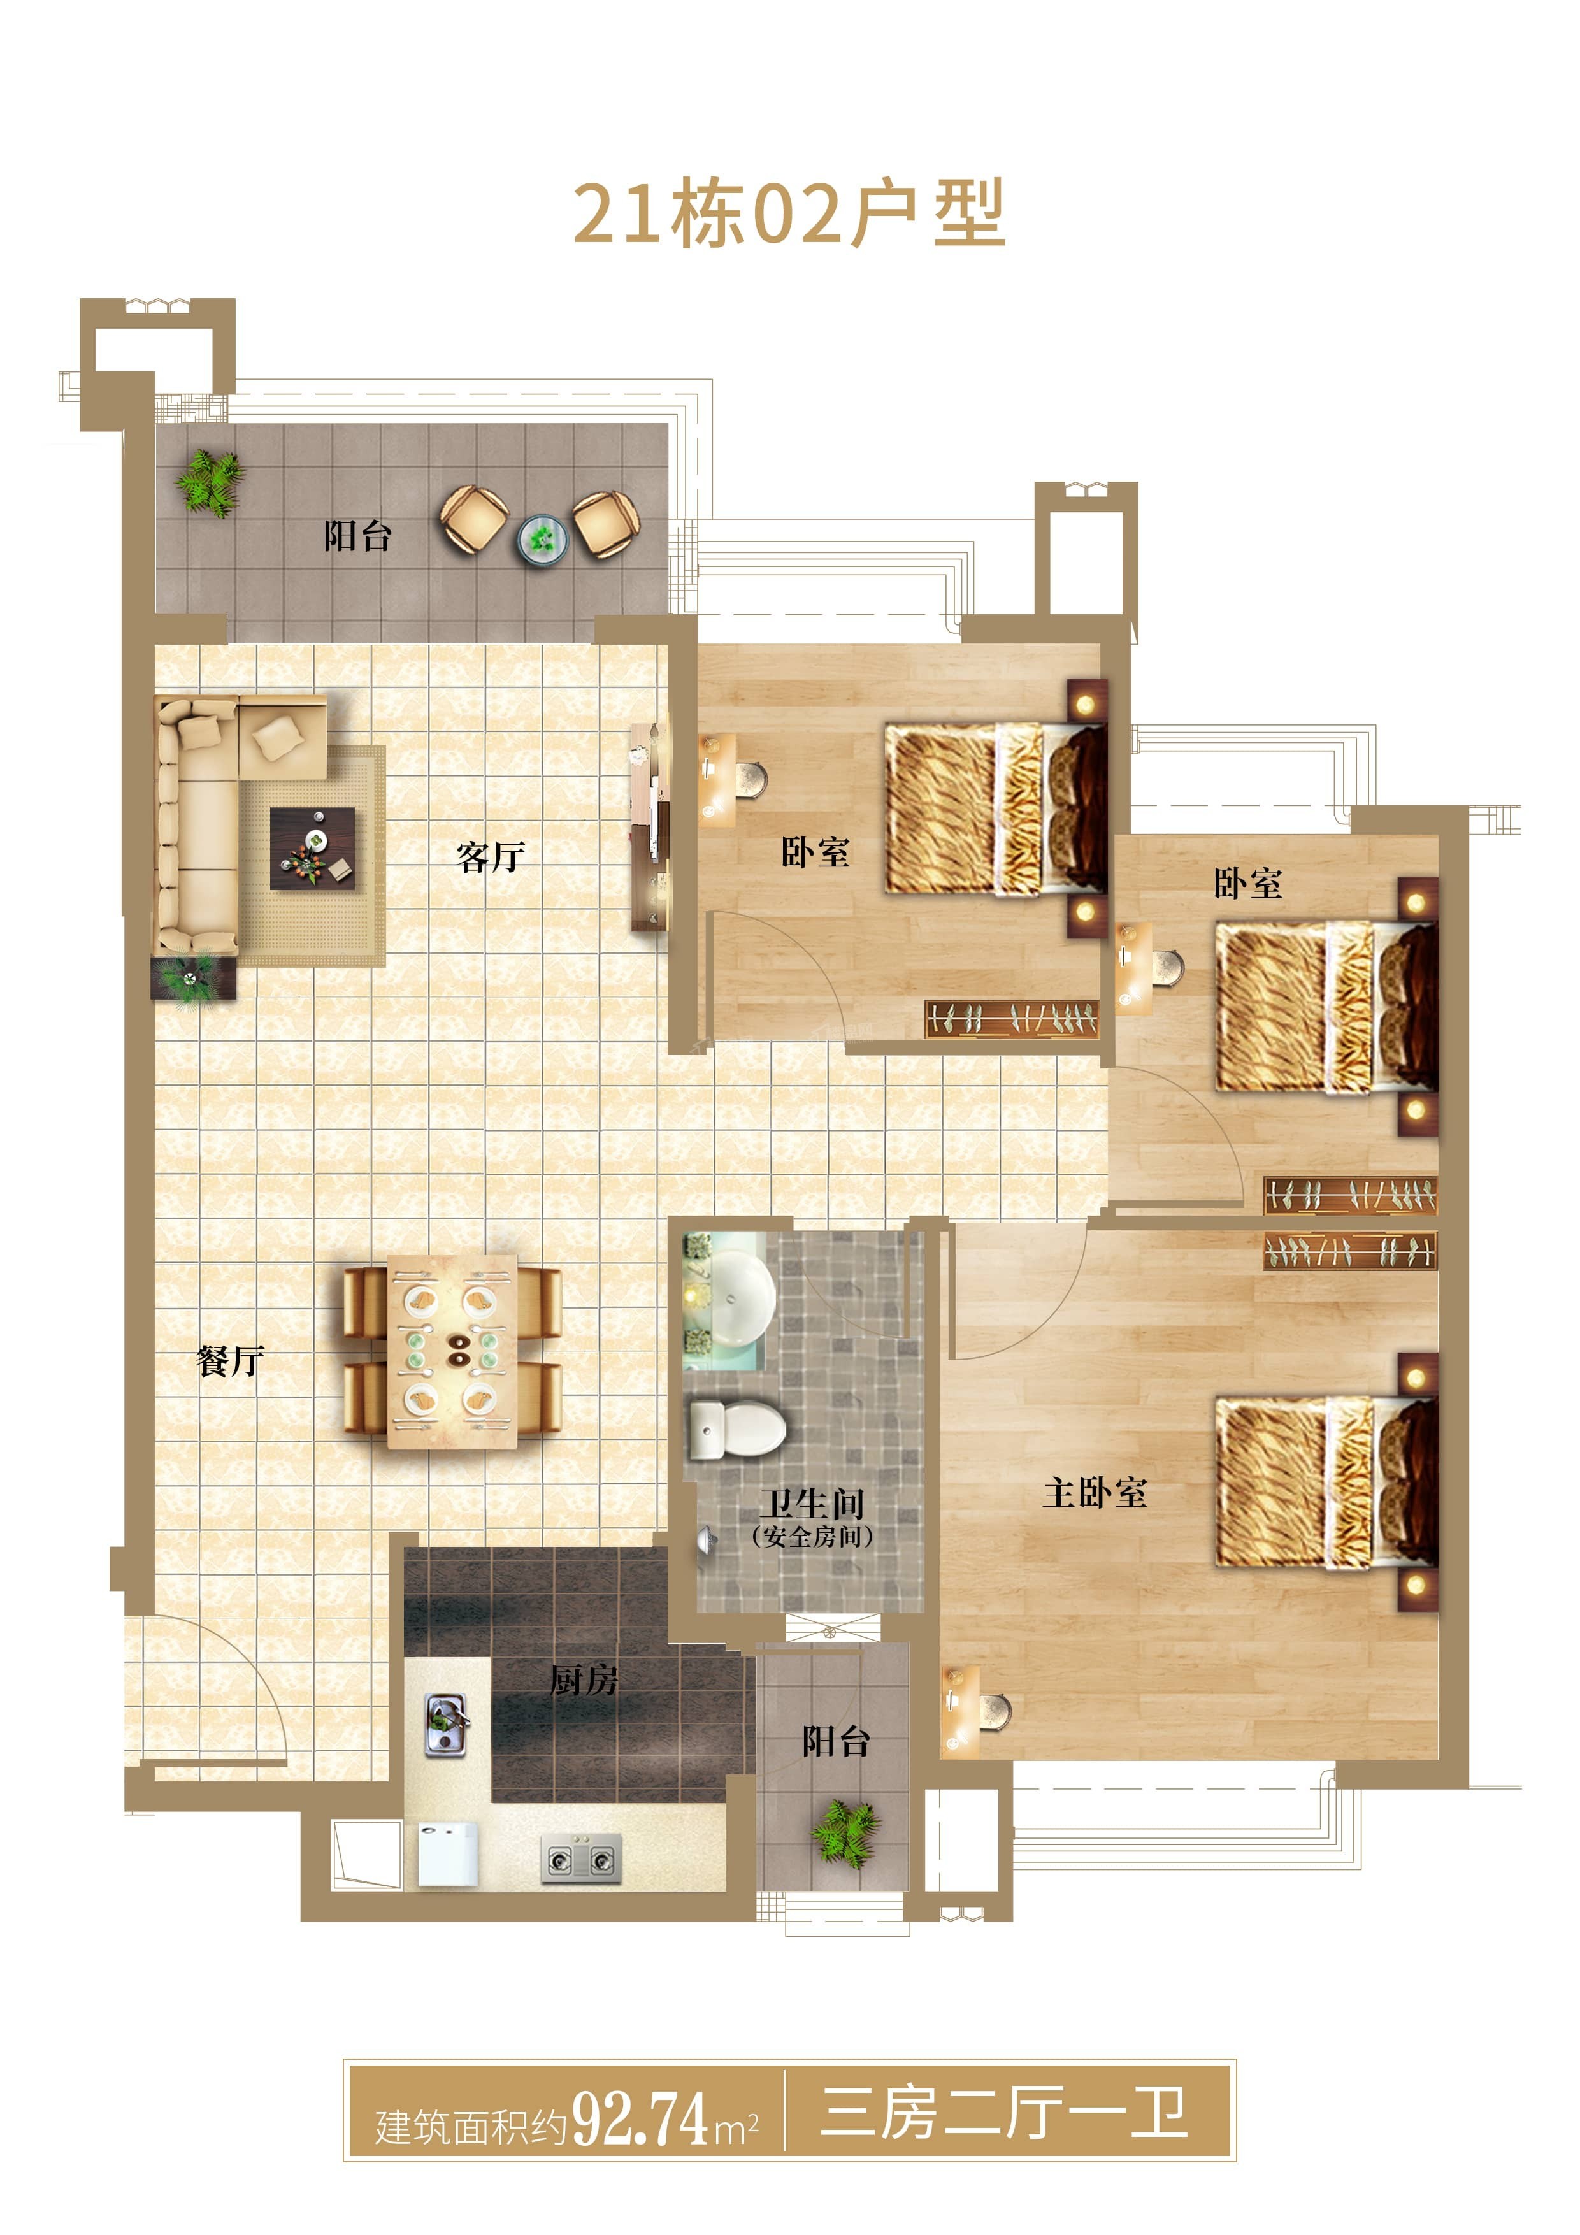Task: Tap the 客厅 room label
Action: [x=491, y=857]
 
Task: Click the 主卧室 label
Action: [x=1095, y=1492]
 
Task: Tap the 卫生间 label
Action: [x=812, y=1504]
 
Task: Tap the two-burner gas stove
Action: [x=581, y=1859]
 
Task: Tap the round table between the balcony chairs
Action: [x=542, y=538]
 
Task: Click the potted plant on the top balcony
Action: [x=210, y=483]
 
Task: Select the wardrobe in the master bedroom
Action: [x=1350, y=1251]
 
